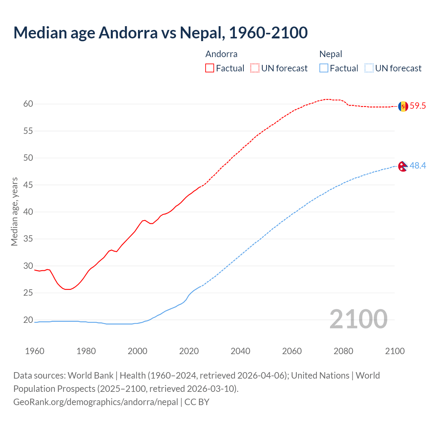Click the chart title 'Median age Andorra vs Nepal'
[x=160, y=33]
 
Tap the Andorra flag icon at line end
[x=403, y=106]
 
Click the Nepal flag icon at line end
[x=403, y=166]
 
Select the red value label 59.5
[x=418, y=106]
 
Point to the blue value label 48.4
[x=418, y=166]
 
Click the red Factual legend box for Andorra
[x=210, y=68]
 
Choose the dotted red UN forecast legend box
[x=255, y=68]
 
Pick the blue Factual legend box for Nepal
[x=324, y=68]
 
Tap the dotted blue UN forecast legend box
[x=369, y=68]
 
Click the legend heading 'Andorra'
[x=221, y=54]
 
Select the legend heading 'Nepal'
[x=331, y=54]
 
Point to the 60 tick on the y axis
[x=28, y=104]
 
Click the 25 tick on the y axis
[x=28, y=293]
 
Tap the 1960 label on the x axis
[x=35, y=351]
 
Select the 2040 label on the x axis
[x=240, y=351]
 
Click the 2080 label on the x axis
[x=343, y=351]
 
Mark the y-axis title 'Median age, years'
[x=14, y=211]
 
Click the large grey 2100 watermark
[x=358, y=319]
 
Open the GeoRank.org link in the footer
[x=95, y=402]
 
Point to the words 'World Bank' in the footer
[x=90, y=376]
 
